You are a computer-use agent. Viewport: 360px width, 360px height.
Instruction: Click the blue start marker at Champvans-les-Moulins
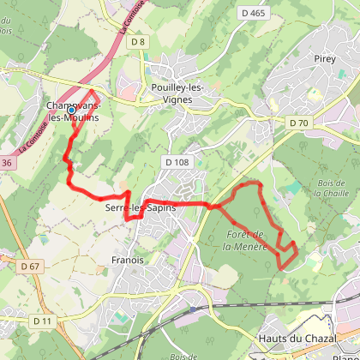(72, 110)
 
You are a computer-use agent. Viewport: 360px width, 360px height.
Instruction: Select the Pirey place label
(324, 82)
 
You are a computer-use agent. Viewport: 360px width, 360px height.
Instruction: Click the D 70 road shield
(298, 123)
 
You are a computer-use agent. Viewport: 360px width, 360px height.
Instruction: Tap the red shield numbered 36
(7, 162)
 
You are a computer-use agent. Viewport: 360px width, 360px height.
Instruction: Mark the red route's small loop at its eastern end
(285, 255)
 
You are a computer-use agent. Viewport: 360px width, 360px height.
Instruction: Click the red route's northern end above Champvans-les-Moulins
(92, 91)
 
